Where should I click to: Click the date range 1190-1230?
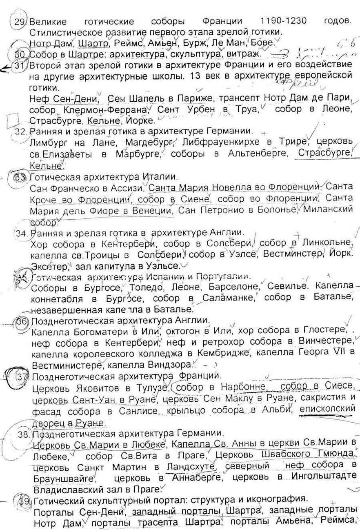283,21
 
